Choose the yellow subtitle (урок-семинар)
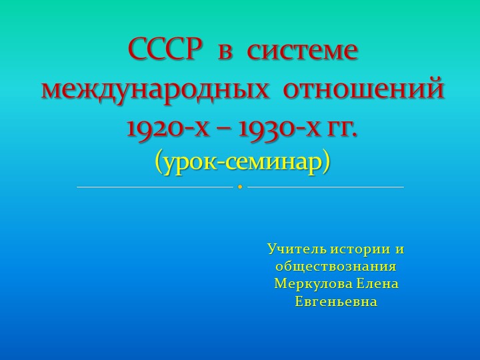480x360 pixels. tap(242, 161)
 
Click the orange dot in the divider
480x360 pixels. tap(240, 187)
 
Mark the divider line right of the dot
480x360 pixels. tap(325, 187)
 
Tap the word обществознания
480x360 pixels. tap(336, 267)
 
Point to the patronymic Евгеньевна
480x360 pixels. tap(336, 301)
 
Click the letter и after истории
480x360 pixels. tap(400, 249)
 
